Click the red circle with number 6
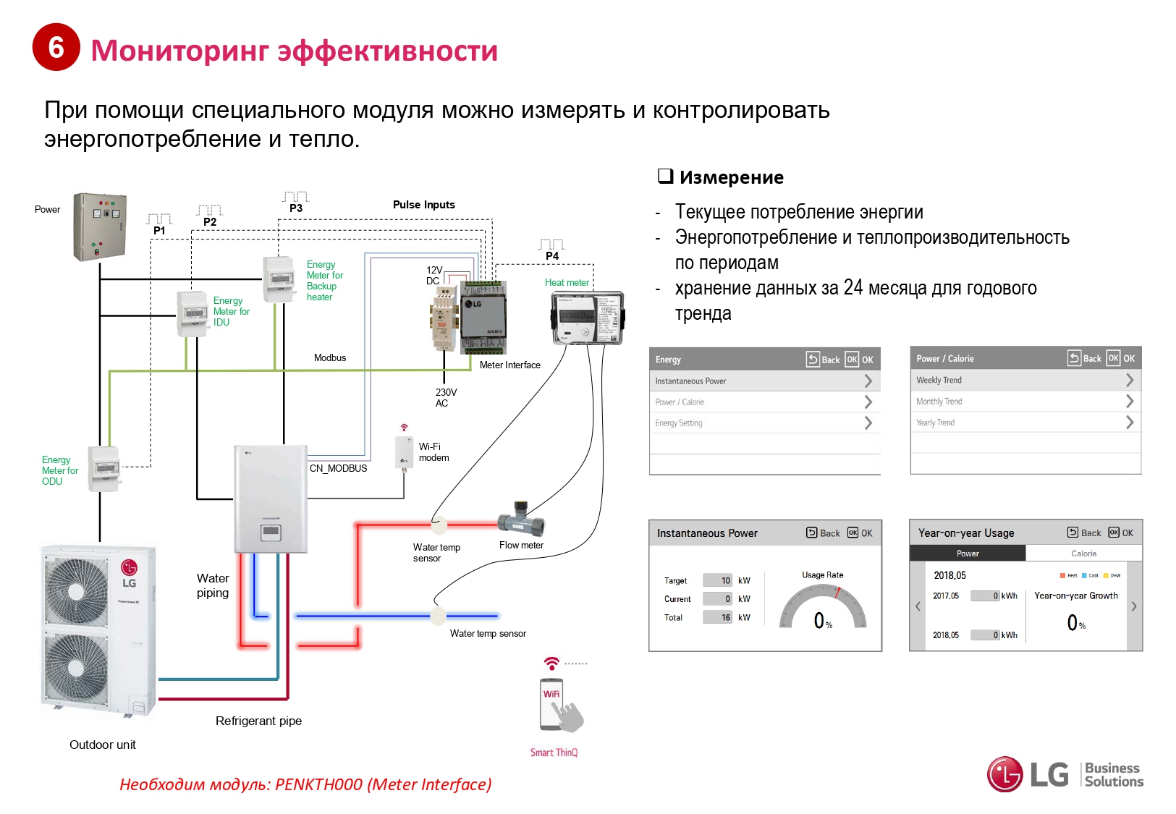coord(56,48)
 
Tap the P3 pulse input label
coord(296,208)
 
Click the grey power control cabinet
coord(100,226)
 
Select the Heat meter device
coord(587,318)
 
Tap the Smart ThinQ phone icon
coord(554,705)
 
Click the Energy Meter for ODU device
coord(103,469)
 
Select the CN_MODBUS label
coord(338,468)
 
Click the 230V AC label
coord(445,398)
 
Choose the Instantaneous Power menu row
coord(764,381)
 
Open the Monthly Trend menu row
coord(1025,402)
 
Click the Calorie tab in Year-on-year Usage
coord(1083,554)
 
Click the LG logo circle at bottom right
coord(1005,775)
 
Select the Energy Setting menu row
coord(764,423)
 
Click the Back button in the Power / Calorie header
coord(1084,358)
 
